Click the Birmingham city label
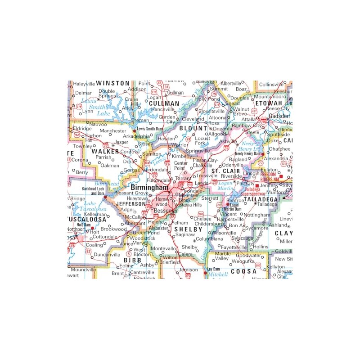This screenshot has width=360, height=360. point(149,187)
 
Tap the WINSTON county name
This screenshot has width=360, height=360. point(113,84)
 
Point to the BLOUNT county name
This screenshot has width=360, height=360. point(193,128)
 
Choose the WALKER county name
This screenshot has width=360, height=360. point(105,151)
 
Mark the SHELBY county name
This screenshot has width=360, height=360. point(188,229)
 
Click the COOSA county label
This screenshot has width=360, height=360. point(243,271)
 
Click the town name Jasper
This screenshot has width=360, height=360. point(121,142)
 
